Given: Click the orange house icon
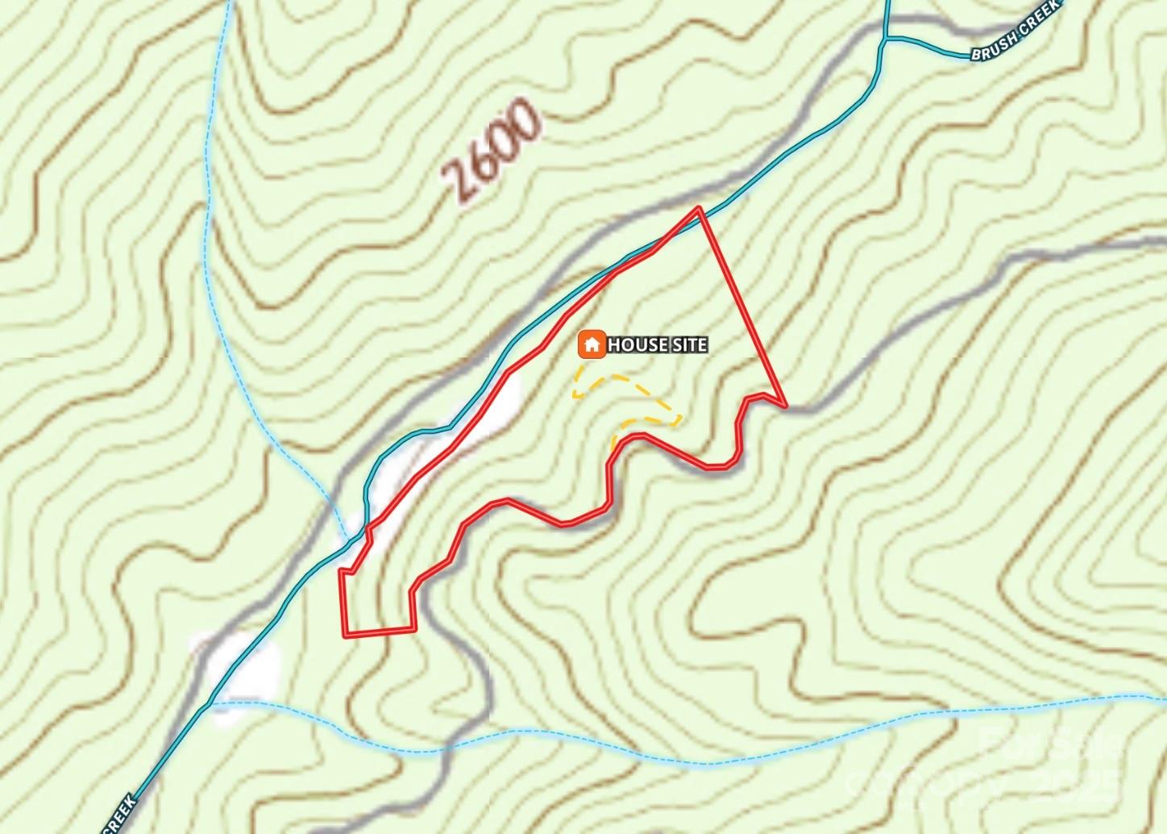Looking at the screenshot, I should click(592, 344).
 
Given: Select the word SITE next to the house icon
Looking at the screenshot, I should click(689, 345).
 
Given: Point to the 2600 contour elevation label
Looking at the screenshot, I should click(491, 150).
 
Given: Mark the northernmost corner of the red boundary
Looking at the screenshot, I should click(699, 209).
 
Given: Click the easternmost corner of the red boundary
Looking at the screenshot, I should click(784, 404).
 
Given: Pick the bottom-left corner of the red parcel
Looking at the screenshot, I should click(346, 635).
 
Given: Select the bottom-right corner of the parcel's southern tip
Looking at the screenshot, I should click(414, 629).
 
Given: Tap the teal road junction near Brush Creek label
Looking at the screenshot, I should click(885, 38).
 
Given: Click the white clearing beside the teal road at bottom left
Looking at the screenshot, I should click(246, 665).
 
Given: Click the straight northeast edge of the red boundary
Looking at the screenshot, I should click(741, 306).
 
